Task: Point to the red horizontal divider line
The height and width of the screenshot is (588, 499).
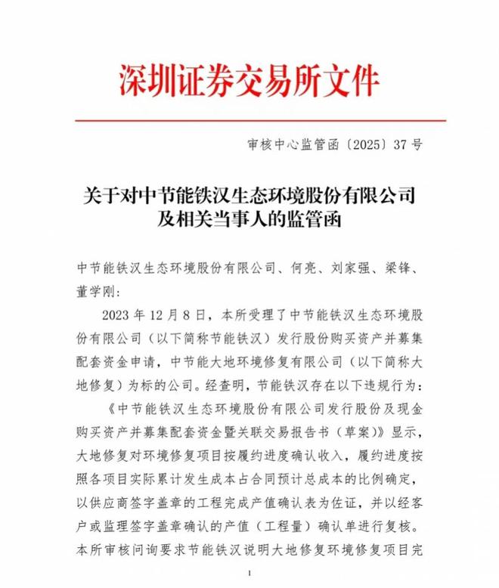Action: [249, 120]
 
